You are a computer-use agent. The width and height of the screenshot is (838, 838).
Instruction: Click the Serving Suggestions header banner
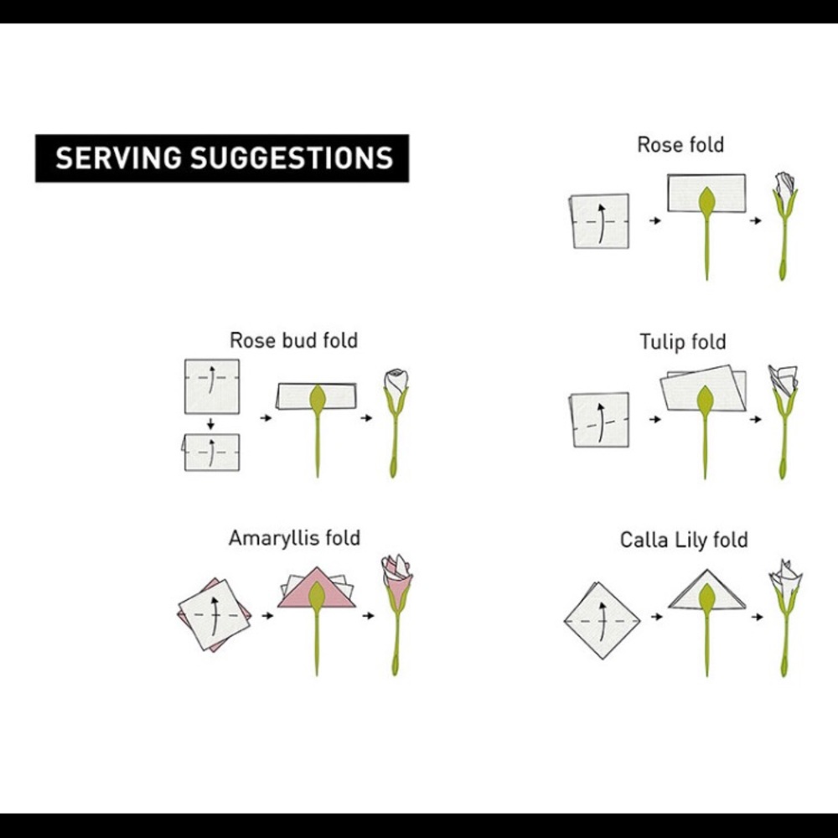pyautogui.click(x=222, y=158)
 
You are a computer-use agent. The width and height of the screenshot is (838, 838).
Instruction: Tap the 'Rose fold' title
pyautogui.click(x=680, y=145)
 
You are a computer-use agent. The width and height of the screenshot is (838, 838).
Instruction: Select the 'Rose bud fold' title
pyautogui.click(x=293, y=340)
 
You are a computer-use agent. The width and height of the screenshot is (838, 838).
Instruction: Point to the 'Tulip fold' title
pyautogui.click(x=682, y=342)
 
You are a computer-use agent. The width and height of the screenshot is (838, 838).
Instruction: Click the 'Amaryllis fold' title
pyautogui.click(x=294, y=538)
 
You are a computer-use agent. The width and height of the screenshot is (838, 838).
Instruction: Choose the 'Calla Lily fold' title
pyautogui.click(x=684, y=540)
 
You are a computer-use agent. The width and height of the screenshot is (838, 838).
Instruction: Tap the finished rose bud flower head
pyautogui.click(x=396, y=382)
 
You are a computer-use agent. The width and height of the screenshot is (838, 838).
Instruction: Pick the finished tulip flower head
pyautogui.click(x=784, y=380)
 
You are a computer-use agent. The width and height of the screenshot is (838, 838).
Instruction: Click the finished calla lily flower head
pyautogui.click(x=786, y=577)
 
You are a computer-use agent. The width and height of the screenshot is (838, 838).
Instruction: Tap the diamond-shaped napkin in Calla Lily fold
pyautogui.click(x=603, y=620)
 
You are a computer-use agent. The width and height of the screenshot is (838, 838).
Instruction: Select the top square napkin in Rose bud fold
pyautogui.click(x=212, y=386)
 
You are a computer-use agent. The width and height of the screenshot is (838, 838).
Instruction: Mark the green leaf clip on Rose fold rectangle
pyautogui.click(x=706, y=203)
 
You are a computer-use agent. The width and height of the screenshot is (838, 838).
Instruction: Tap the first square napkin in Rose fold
pyautogui.click(x=600, y=221)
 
